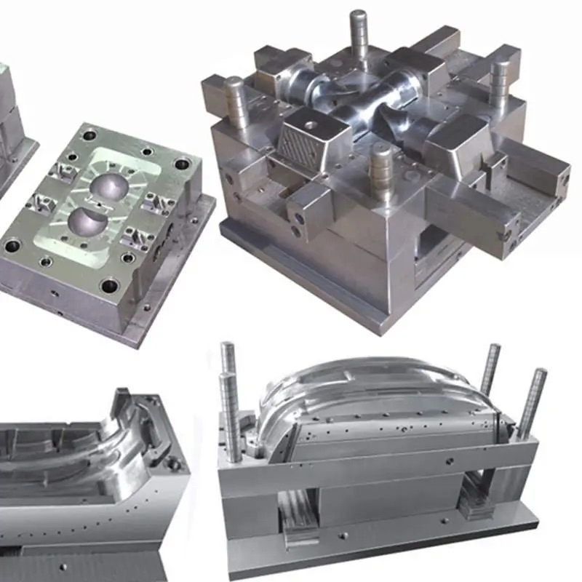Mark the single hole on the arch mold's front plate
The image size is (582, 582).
point(449,460)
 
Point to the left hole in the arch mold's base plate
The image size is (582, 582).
point(341,538)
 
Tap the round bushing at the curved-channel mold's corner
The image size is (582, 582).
point(172,463)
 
